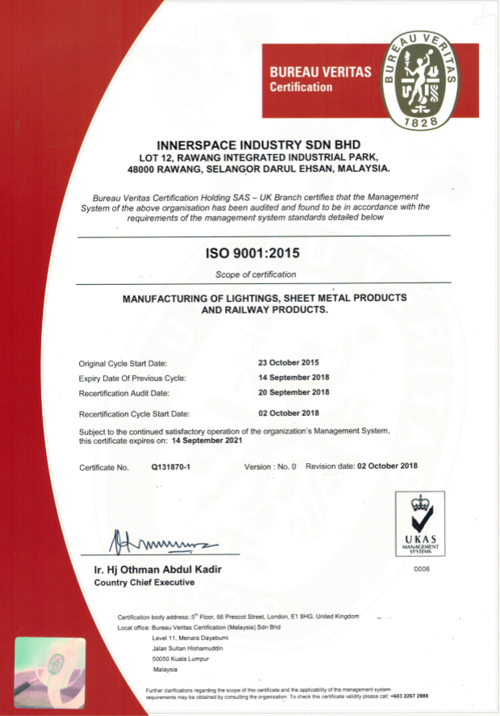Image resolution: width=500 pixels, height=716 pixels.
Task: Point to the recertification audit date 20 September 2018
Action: pyautogui.click(x=293, y=392)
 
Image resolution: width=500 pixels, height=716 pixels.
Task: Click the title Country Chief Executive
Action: pyautogui.click(x=144, y=582)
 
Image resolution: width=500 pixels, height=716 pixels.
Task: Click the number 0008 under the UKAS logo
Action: pyautogui.click(x=422, y=570)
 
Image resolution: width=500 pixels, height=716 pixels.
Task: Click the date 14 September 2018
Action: pyautogui.click(x=293, y=378)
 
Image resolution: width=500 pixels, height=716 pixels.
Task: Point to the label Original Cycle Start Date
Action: pyautogui.click(x=123, y=363)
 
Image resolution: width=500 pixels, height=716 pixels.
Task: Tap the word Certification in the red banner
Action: pyautogui.click(x=300, y=87)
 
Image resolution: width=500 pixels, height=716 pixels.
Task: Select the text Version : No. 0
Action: pyautogui.click(x=270, y=467)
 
